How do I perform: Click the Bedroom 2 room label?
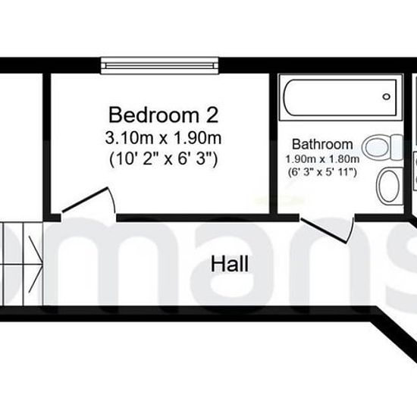164,115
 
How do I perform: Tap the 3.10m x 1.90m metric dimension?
163,138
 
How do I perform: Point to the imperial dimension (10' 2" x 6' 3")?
164,159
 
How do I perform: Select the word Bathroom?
322,144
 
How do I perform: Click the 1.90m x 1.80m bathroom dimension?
322,159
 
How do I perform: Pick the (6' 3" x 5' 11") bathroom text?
322,172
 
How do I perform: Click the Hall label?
230,264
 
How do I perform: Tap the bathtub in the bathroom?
340,98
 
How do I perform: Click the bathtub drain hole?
386,96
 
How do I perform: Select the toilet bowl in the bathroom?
376,147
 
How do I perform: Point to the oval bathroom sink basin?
389,187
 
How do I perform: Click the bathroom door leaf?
324,230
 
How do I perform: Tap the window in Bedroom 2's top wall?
159,65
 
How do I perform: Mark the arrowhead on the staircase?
36,264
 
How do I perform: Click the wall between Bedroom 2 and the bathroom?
274,143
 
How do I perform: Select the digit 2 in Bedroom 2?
212,115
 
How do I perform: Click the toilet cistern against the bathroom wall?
397,147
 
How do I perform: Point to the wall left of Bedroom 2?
46,143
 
